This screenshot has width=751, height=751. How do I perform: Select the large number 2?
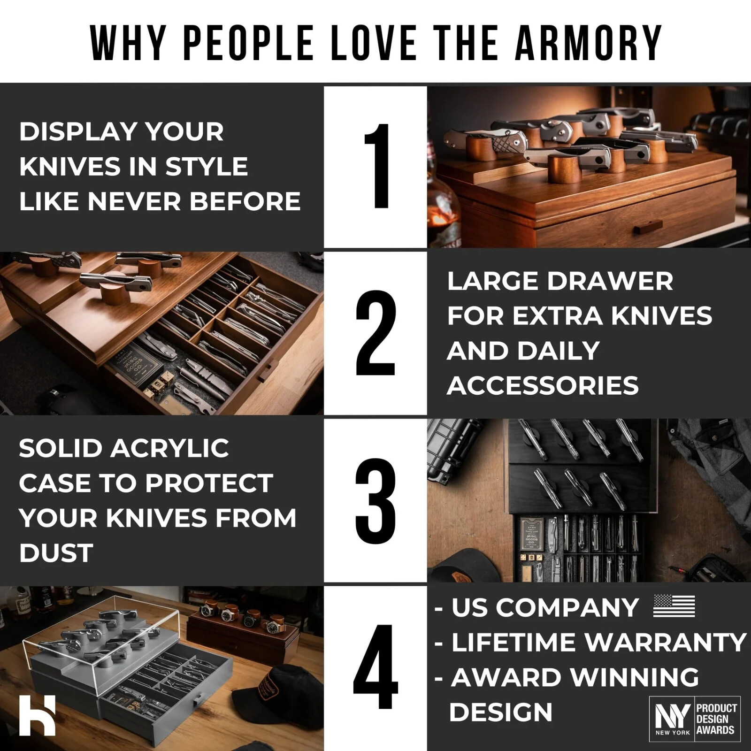[375, 333]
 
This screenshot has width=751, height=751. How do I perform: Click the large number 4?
[375, 667]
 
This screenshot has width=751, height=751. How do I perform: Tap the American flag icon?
[674, 606]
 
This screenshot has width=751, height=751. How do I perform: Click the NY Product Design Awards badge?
[695, 719]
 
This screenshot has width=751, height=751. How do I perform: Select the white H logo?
[38, 715]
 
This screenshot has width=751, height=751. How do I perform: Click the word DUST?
[56, 553]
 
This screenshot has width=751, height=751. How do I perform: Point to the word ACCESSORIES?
[543, 386]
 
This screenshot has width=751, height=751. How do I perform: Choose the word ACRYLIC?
[170, 448]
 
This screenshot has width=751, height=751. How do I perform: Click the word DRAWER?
[610, 282]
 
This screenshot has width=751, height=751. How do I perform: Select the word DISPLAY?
[77, 131]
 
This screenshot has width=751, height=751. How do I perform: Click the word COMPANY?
[567, 607]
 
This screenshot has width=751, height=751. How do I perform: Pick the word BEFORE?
[245, 201]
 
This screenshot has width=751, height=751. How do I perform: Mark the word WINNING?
[634, 677]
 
